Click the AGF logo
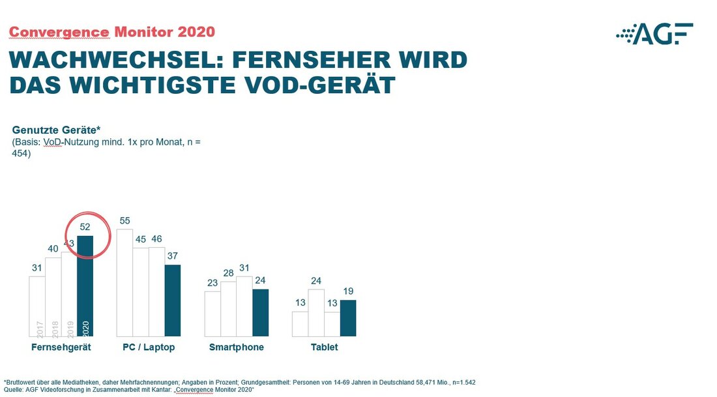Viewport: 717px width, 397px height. click(x=654, y=33)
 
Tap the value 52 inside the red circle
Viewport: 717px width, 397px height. click(x=85, y=227)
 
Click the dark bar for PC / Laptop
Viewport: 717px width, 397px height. click(x=173, y=300)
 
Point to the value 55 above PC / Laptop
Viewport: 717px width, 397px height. click(x=124, y=221)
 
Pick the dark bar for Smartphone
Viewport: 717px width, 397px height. click(x=260, y=312)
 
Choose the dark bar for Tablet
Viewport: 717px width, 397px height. click(x=348, y=317)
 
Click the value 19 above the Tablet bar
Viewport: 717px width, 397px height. click(x=348, y=291)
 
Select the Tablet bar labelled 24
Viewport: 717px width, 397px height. click(x=316, y=312)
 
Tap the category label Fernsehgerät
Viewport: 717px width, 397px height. click(x=61, y=347)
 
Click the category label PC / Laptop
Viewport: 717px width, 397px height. click(x=149, y=347)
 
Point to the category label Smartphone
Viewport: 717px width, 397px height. click(x=237, y=347)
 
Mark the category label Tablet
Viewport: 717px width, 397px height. click(x=324, y=347)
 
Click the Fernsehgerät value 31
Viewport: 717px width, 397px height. click(x=37, y=268)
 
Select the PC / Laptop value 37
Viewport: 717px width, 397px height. click(x=173, y=256)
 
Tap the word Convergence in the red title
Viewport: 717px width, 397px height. click(x=59, y=31)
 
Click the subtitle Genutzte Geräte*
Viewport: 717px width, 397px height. click(x=55, y=130)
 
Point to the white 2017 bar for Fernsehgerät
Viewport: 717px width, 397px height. click(x=37, y=306)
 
